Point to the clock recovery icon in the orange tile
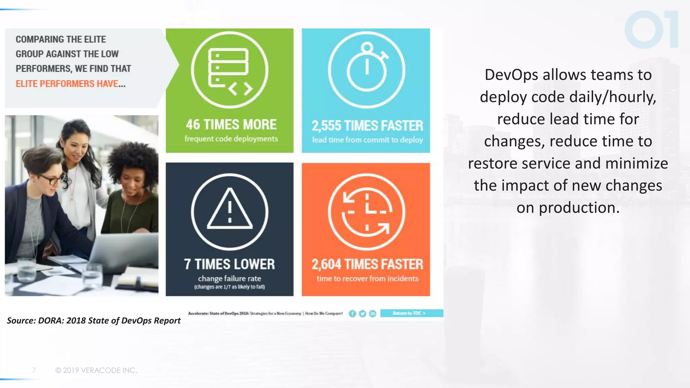click(367, 212)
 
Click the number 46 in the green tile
click(193, 125)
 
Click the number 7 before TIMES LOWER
click(187, 264)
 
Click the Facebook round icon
click(352, 314)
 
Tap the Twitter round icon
click(363, 314)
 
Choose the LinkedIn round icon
click(373, 314)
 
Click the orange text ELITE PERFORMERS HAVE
click(70, 84)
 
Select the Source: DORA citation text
click(94, 320)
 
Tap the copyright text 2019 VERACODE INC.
click(96, 370)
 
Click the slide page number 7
click(34, 370)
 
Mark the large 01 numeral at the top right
click(651, 30)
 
